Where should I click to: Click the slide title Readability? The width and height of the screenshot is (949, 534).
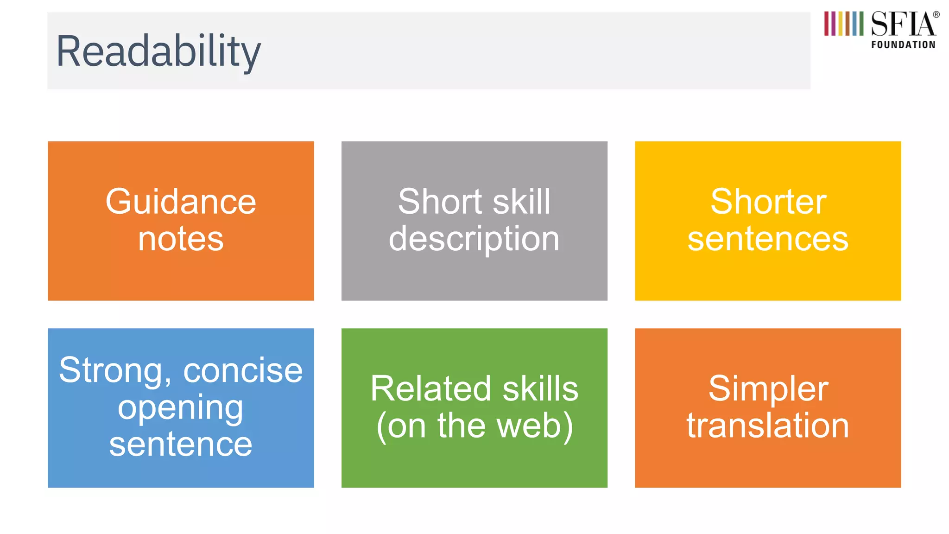[x=158, y=52]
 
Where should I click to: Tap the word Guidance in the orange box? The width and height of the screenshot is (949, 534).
[x=181, y=202]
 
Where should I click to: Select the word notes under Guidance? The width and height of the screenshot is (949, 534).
[x=181, y=239]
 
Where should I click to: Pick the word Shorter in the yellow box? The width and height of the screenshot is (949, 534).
[x=768, y=202]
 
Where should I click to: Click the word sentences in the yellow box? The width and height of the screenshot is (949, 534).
[x=768, y=240]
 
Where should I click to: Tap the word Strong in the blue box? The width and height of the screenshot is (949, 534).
[x=111, y=371]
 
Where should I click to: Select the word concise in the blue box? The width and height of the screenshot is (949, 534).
[x=243, y=371]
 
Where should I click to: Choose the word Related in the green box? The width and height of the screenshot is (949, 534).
[x=430, y=389]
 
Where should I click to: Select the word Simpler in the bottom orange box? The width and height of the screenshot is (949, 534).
[x=768, y=389]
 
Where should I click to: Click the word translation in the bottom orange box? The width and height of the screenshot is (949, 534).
[x=768, y=426]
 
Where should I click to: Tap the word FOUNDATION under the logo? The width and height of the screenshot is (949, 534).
[x=903, y=45]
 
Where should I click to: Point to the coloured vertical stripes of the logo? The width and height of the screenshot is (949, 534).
[x=843, y=24]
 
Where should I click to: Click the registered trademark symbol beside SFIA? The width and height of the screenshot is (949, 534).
[x=936, y=15]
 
